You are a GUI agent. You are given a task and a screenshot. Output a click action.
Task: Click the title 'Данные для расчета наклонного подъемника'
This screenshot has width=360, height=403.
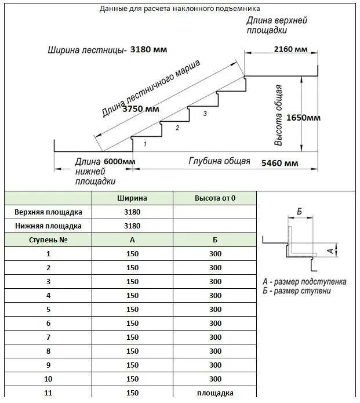180,9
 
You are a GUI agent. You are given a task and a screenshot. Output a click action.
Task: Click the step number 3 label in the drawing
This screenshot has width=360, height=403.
205,114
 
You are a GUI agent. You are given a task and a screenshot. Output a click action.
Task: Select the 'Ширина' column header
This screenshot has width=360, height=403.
132,198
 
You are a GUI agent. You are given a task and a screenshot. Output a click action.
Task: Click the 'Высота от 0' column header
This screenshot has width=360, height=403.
215,198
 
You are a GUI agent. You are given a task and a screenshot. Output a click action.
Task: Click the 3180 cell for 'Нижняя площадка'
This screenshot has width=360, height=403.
132,226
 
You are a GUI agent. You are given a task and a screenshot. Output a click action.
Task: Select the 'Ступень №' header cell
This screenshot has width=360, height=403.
49,240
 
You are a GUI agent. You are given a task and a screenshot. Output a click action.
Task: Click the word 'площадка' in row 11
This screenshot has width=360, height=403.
215,393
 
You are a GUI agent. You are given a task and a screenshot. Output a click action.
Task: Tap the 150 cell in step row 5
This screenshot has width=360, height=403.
132,310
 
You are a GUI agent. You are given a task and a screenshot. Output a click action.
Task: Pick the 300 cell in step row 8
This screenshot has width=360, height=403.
215,351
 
